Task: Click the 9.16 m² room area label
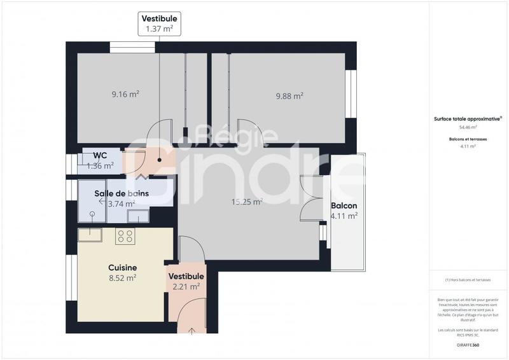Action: coord(125,95)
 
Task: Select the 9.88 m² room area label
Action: coord(289,96)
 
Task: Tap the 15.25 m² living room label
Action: coord(247,202)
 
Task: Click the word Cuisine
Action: coord(123,268)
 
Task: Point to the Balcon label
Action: coord(344,206)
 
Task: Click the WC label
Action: coord(100,155)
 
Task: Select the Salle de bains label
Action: coord(122,193)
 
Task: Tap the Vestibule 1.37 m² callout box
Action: coord(160,24)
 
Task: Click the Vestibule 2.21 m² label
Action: coord(186,281)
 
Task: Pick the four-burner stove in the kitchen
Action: coord(125,237)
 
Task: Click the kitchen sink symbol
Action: coord(90,235)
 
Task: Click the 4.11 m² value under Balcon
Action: coord(344,216)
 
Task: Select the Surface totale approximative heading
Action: coord(468,118)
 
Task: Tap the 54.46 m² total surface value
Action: coord(468,127)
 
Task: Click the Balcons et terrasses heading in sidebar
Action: coord(468,138)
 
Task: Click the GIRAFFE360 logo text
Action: coord(468,345)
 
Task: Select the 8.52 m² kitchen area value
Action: coord(123,278)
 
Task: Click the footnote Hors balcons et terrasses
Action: coord(468,280)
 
